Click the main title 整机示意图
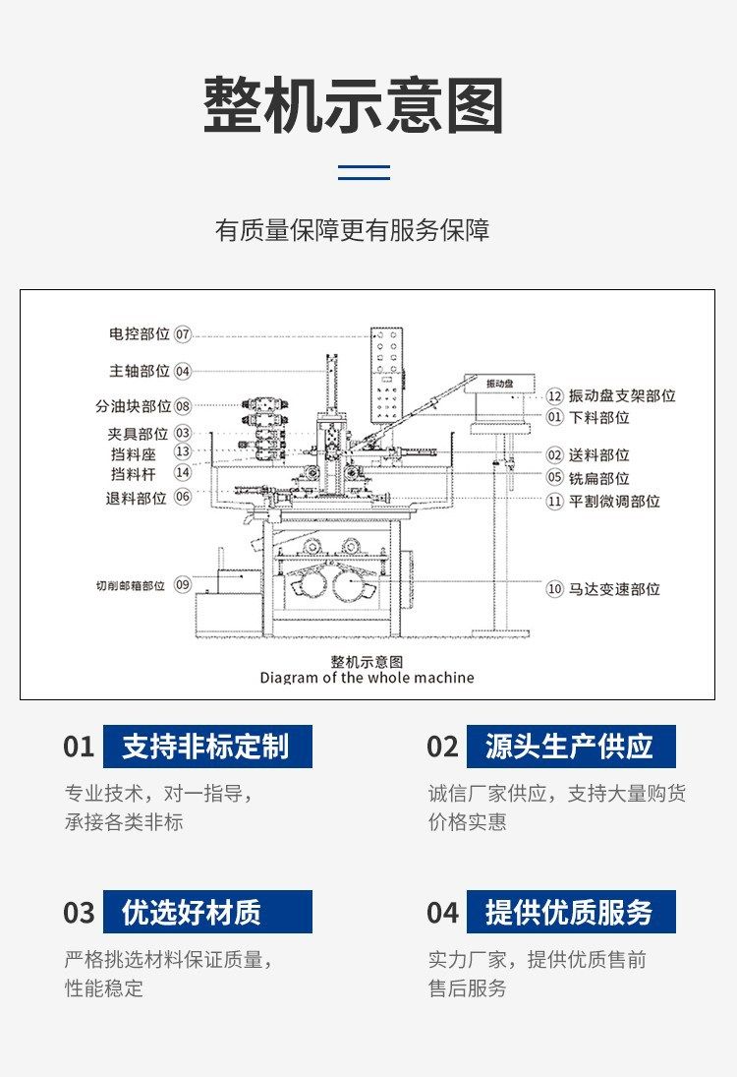click(x=354, y=105)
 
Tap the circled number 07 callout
click(x=183, y=334)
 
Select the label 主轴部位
click(x=140, y=371)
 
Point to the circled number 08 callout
click(x=183, y=406)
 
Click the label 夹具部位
click(x=138, y=434)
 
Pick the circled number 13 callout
click(x=183, y=452)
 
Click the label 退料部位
click(x=136, y=498)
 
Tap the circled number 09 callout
click(x=183, y=585)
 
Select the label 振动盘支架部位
click(x=622, y=395)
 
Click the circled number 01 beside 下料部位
click(x=554, y=417)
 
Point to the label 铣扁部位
click(x=599, y=477)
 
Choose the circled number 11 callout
click(x=554, y=502)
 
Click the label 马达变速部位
click(x=614, y=589)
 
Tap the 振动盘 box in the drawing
click(x=499, y=384)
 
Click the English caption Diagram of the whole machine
click(x=368, y=678)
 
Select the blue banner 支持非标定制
click(x=207, y=747)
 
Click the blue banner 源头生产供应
click(x=571, y=747)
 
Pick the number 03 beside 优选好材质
click(x=79, y=913)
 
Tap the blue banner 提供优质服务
click(x=571, y=912)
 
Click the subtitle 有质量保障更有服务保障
click(x=352, y=230)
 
